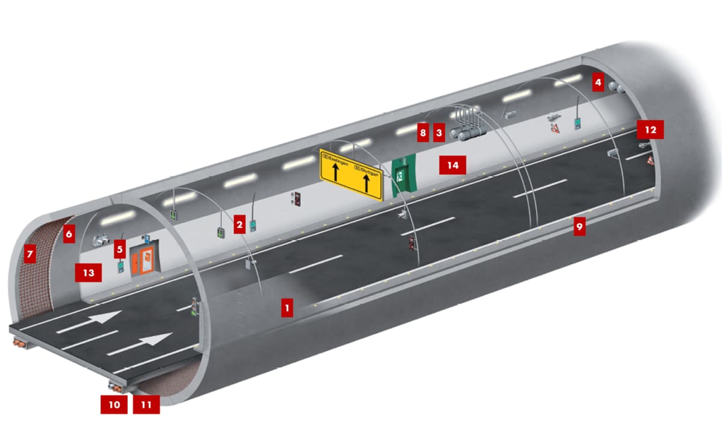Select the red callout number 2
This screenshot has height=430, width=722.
pyautogui.click(x=239, y=225)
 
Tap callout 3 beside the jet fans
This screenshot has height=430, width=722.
pyautogui.click(x=439, y=132)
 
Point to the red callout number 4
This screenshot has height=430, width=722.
pyautogui.click(x=597, y=81)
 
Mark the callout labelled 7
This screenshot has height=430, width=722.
pyautogui.click(x=28, y=254)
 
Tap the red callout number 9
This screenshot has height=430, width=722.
pyautogui.click(x=579, y=226)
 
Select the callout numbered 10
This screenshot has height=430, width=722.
pyautogui.click(x=114, y=404)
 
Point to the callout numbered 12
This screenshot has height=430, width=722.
pyautogui.click(x=651, y=129)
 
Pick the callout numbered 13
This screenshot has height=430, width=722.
pyautogui.click(x=88, y=273)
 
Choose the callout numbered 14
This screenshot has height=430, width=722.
pyautogui.click(x=452, y=164)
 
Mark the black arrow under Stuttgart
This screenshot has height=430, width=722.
pyautogui.click(x=366, y=183)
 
